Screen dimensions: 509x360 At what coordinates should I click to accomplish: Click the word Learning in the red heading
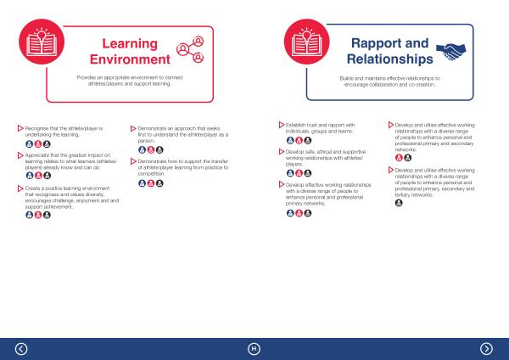point(130,44)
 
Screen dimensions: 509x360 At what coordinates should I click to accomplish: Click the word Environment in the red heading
point(130,59)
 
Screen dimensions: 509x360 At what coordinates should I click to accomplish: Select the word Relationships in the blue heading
point(390,59)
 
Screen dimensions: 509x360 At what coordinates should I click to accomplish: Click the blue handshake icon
point(451,51)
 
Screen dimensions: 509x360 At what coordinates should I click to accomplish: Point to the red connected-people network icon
point(190,49)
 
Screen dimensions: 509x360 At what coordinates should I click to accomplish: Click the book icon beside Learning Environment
point(42,42)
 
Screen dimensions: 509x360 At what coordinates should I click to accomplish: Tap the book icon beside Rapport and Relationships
point(307,42)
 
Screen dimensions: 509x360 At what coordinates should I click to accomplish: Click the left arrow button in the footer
point(21,349)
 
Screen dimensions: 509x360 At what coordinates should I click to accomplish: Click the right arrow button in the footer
point(486,349)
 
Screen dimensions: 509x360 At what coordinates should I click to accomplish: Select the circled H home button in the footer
point(254,349)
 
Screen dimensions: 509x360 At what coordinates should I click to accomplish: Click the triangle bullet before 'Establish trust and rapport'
point(282,125)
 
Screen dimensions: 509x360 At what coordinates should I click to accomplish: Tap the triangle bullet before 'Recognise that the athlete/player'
point(20,128)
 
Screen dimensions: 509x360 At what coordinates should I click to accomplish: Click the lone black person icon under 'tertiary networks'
point(399,203)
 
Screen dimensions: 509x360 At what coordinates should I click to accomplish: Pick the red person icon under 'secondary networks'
point(399,158)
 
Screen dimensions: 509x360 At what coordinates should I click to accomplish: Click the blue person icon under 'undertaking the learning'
point(29,144)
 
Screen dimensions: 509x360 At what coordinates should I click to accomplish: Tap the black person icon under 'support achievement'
point(47,215)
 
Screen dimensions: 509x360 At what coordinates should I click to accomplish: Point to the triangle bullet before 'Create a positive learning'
point(20,188)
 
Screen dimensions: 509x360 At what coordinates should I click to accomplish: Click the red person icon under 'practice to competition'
point(151,183)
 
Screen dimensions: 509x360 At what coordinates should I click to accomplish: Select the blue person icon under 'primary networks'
point(290,213)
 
